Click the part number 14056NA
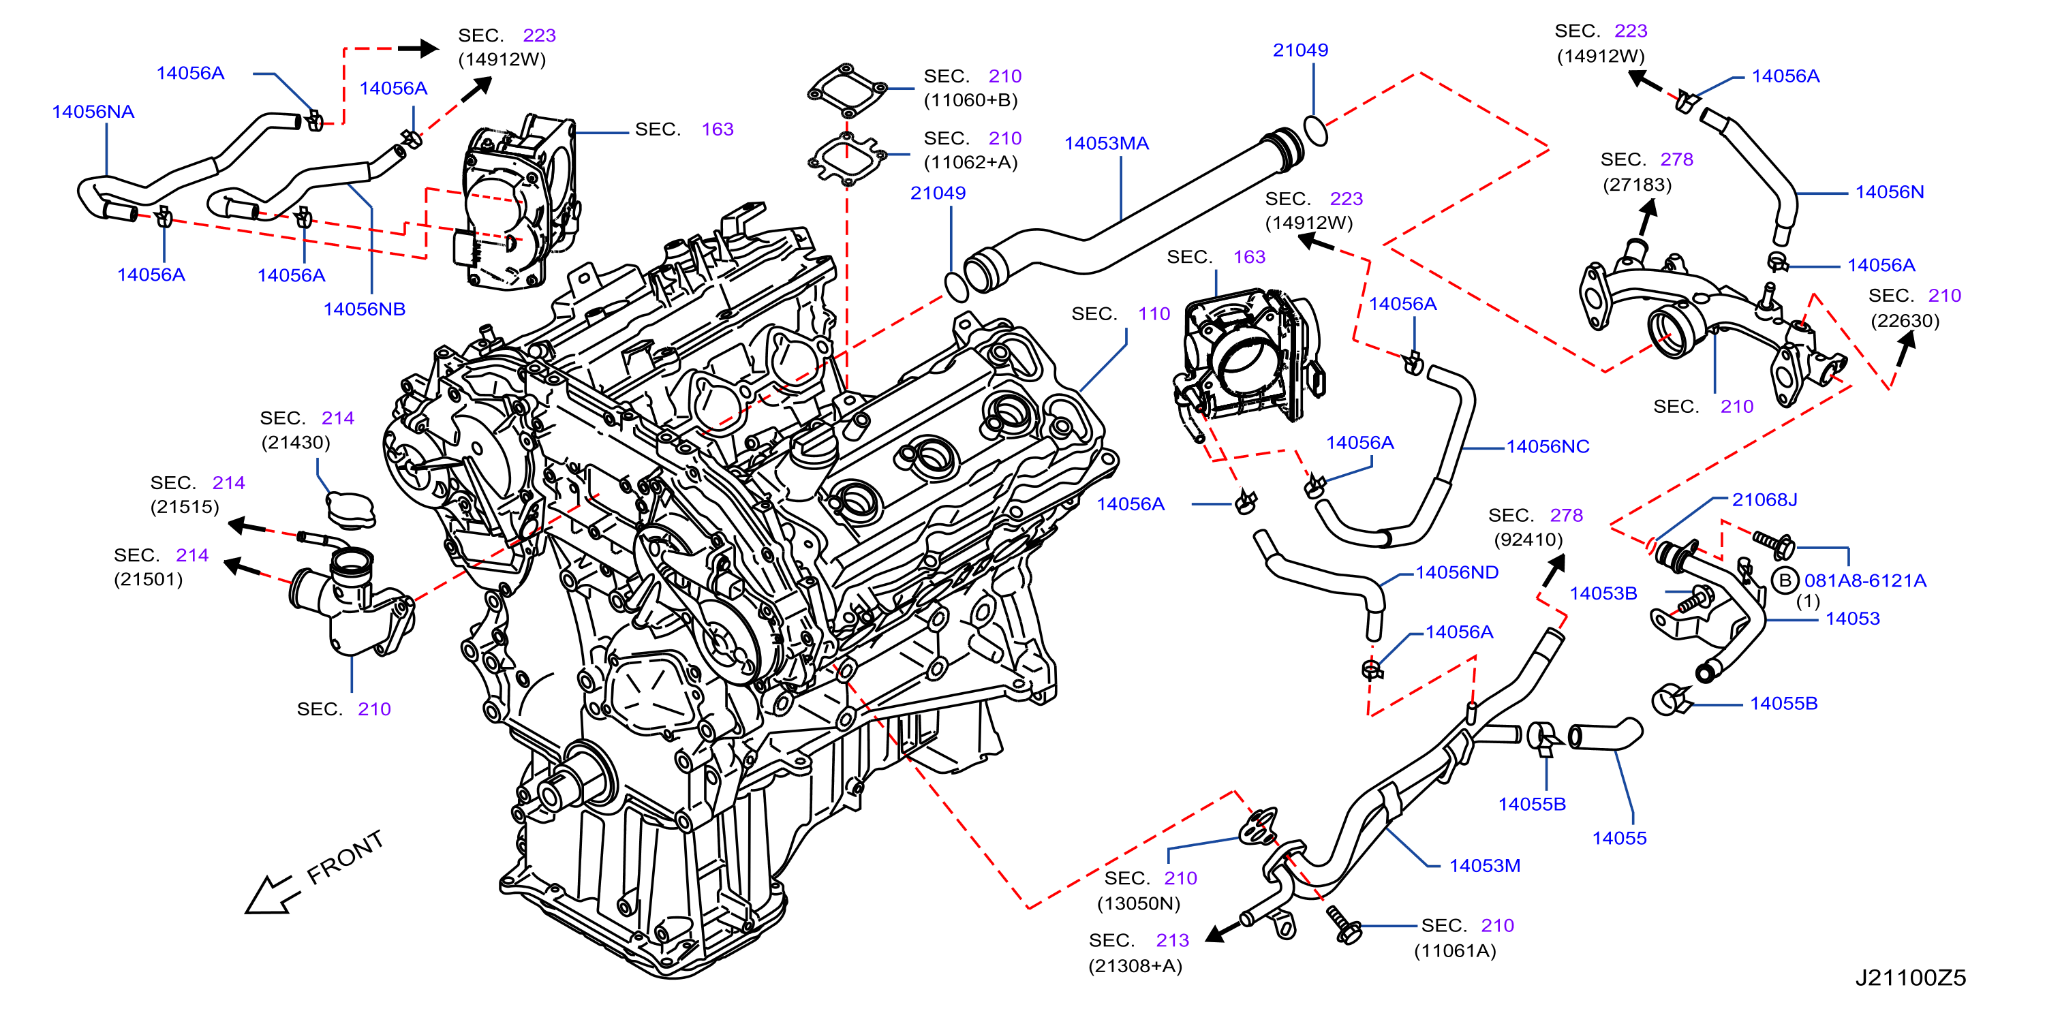pyautogui.click(x=93, y=112)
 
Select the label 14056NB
pyautogui.click(x=365, y=309)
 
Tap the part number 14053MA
pyautogui.click(x=1107, y=144)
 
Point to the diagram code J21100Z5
pyautogui.click(x=1910, y=978)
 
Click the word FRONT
pyautogui.click(x=345, y=857)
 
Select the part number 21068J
pyautogui.click(x=1765, y=500)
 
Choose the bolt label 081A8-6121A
pyautogui.click(x=1866, y=581)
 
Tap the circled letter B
pyautogui.click(x=1785, y=581)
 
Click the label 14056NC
pyautogui.click(x=1548, y=447)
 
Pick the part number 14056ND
pyautogui.click(x=1457, y=573)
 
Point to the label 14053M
pyautogui.click(x=1485, y=866)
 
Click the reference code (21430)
pyautogui.click(x=295, y=442)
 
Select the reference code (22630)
pyautogui.click(x=1905, y=321)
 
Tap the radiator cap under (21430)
pyautogui.click(x=350, y=510)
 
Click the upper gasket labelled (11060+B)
pyautogui.click(x=847, y=91)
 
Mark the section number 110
pyautogui.click(x=1154, y=314)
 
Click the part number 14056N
pyautogui.click(x=1890, y=192)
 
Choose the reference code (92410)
pyautogui.click(x=1528, y=540)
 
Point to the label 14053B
pyautogui.click(x=1603, y=593)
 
